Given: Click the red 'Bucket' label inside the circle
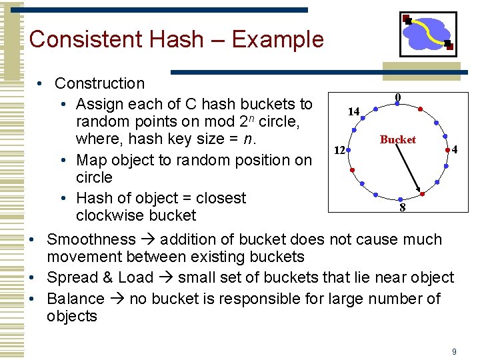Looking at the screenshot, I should click(x=397, y=139).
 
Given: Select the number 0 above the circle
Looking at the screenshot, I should click(x=398, y=97).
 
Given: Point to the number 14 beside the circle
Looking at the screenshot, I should click(x=353, y=111).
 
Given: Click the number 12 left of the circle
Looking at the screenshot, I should click(x=339, y=150).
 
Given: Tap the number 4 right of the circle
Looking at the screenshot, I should click(x=454, y=150).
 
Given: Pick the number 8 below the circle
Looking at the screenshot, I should click(x=402, y=207).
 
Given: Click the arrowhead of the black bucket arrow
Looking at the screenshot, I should click(x=419, y=190).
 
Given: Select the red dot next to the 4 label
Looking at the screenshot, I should click(x=447, y=153).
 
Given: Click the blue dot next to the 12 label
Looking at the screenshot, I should click(x=351, y=153).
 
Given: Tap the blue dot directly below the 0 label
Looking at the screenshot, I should click(x=398, y=107).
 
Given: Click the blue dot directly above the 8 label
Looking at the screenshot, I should click(x=399, y=198).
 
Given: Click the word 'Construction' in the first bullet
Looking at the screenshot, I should click(x=99, y=83).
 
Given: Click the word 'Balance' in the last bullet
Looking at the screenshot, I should click(x=75, y=299).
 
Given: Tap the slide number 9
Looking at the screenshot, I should click(x=454, y=351).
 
